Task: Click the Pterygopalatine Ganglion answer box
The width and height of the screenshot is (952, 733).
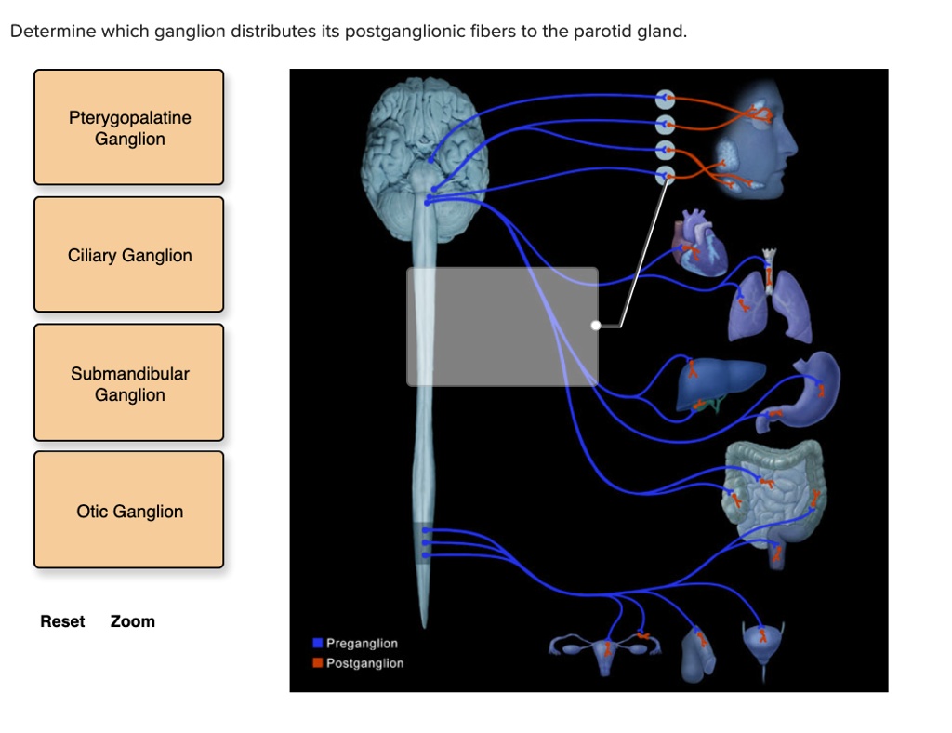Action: tap(129, 127)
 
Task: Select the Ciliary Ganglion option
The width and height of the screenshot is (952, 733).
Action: tap(129, 255)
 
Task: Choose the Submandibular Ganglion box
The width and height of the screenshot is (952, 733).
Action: tap(129, 383)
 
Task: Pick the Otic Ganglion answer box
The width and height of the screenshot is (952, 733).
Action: tap(129, 511)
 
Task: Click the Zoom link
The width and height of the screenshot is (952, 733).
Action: tap(132, 621)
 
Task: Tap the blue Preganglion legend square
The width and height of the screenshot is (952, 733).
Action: tap(318, 643)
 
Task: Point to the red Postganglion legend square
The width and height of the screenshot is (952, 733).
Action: tap(318, 663)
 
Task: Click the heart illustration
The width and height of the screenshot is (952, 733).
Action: tap(699, 243)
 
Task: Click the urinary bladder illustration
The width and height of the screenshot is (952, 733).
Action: tap(763, 641)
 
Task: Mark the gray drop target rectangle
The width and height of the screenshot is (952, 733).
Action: tap(502, 327)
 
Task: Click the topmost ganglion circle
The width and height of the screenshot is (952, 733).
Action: tap(664, 98)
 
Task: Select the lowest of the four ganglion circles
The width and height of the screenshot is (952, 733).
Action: tap(664, 175)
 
